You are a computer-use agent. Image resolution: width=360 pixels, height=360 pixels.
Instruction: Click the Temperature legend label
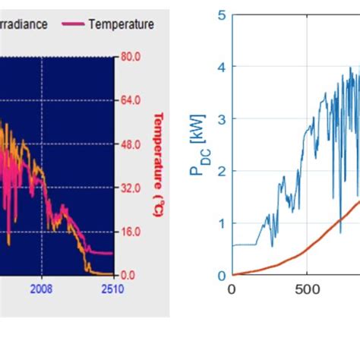pyautogui.click(x=121, y=24)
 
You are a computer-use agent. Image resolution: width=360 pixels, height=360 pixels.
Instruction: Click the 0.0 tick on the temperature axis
pyautogui.click(x=128, y=275)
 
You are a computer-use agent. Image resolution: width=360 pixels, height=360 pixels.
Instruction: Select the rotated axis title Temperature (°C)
pyautogui.click(x=159, y=165)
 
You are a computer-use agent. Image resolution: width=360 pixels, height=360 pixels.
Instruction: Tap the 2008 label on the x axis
pyautogui.click(x=42, y=289)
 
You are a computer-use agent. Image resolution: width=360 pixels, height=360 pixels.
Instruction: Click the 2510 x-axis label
pyautogui.click(x=112, y=289)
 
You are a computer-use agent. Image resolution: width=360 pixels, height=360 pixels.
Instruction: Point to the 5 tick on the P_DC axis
pyautogui.click(x=221, y=15)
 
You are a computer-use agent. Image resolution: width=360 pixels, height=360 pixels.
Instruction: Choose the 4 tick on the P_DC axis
pyautogui.click(x=221, y=67)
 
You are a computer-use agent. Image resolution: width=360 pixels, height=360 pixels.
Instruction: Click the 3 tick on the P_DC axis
pyautogui.click(x=221, y=119)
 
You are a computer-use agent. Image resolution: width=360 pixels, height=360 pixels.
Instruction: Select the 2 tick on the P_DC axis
pyautogui.click(x=221, y=171)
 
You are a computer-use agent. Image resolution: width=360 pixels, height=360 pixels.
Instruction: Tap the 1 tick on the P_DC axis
pyautogui.click(x=221, y=223)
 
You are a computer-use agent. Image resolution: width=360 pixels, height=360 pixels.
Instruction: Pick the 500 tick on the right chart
pyautogui.click(x=306, y=289)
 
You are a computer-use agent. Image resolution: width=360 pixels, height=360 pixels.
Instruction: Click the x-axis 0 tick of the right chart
pyautogui.click(x=232, y=289)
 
